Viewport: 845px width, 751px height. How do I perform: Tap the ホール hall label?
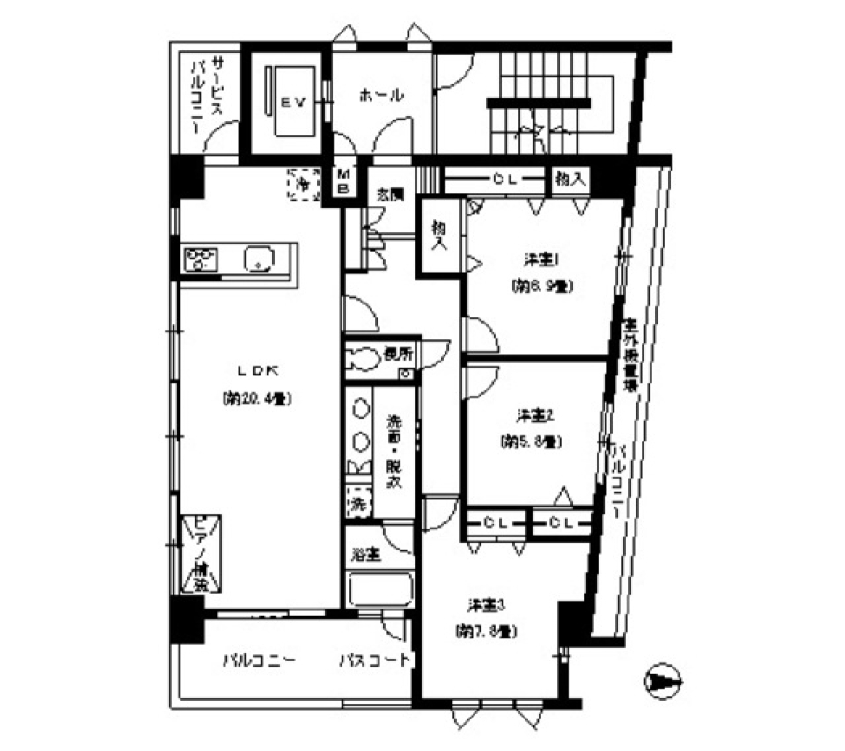380,96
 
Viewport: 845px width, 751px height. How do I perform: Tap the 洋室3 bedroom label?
486,605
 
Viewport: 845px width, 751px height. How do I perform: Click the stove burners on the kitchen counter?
202,259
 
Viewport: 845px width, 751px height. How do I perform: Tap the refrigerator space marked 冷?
303,185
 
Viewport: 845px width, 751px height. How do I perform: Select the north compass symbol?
661,682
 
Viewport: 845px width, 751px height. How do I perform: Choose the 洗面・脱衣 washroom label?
394,450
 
